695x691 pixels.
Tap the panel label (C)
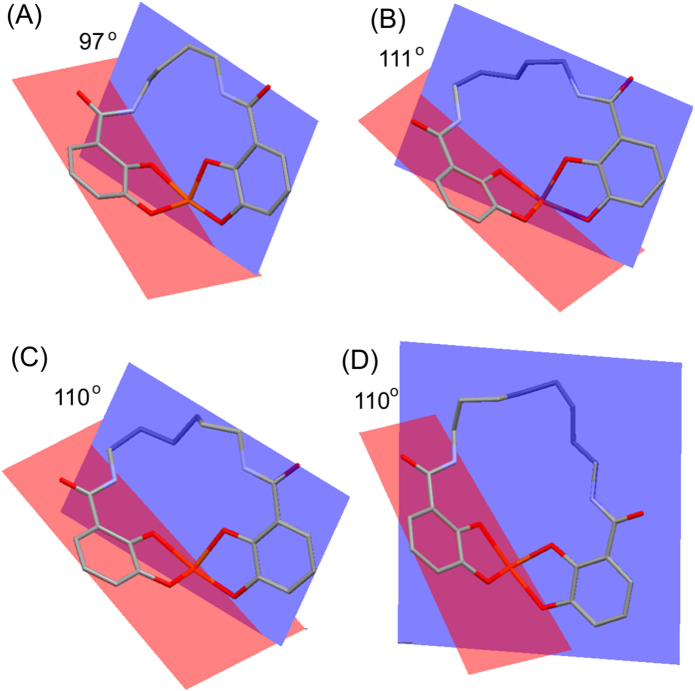pyautogui.click(x=27, y=359)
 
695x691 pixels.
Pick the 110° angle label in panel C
pyautogui.click(x=76, y=395)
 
